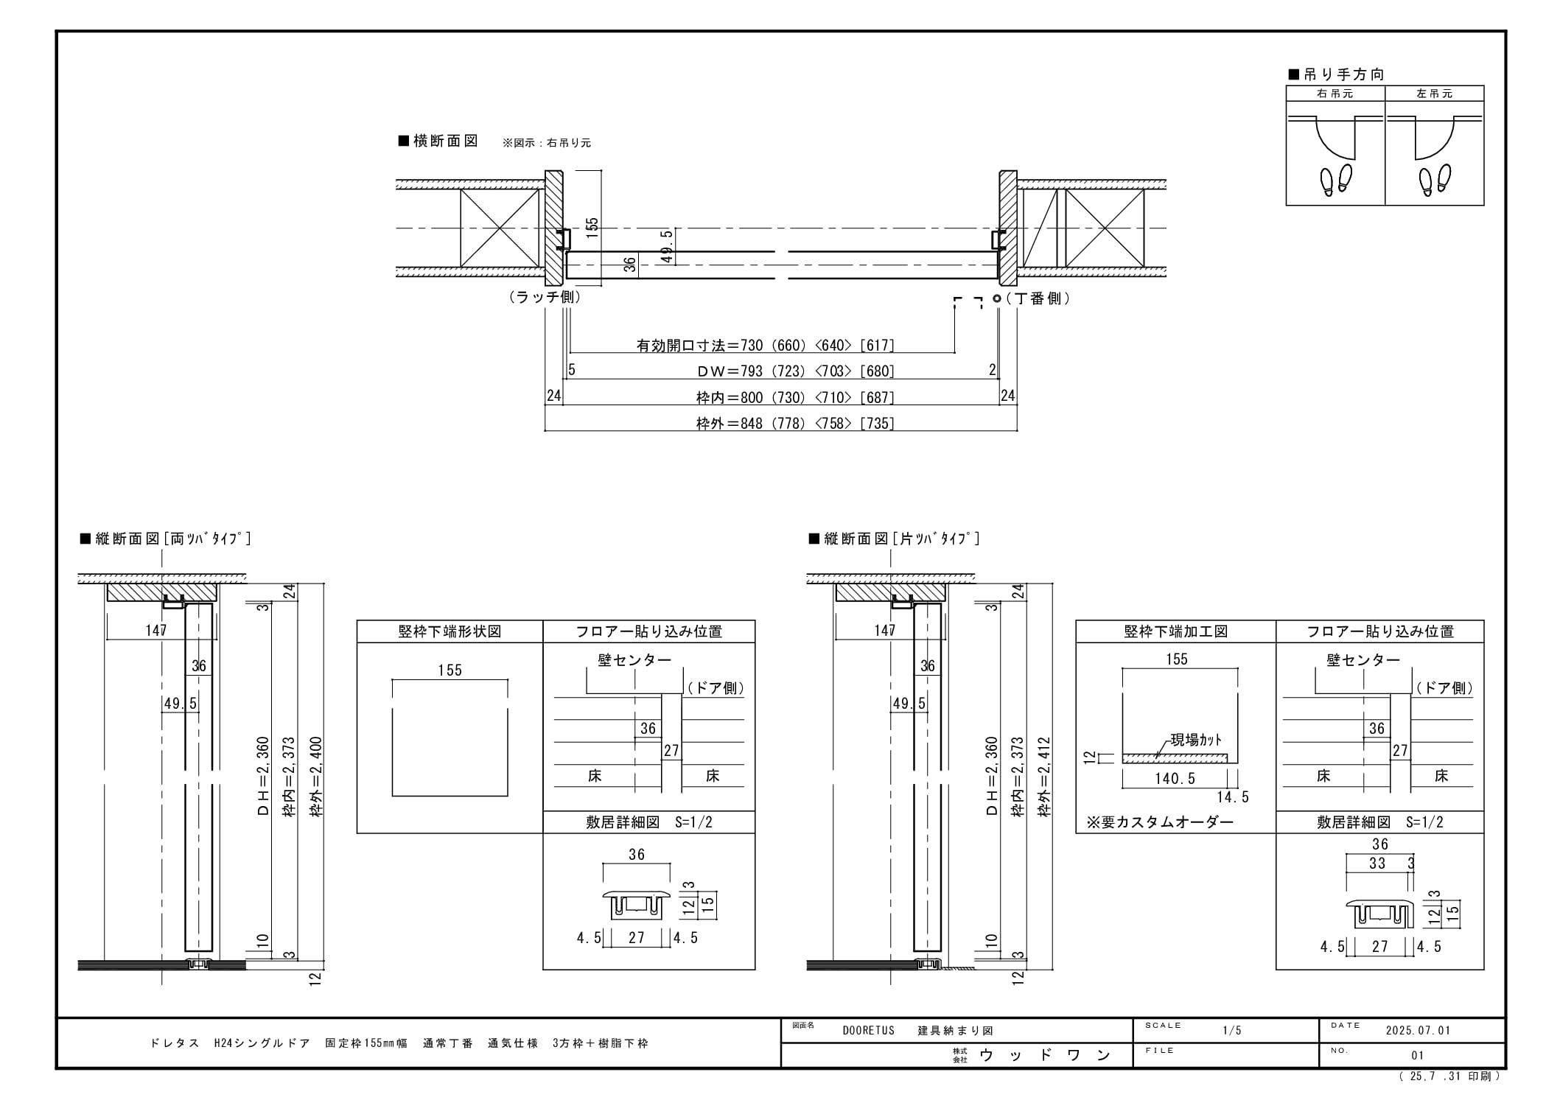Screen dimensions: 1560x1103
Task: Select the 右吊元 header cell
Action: point(1335,94)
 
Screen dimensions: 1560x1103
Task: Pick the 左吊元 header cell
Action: point(1435,94)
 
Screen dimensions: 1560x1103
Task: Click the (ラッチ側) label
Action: point(545,297)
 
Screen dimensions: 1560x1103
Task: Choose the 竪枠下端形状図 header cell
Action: point(450,631)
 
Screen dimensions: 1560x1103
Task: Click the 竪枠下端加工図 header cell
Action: point(1176,631)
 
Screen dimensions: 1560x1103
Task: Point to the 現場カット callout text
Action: point(1196,740)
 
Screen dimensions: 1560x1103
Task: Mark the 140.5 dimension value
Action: point(1175,779)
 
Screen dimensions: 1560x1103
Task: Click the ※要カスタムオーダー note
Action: point(1160,822)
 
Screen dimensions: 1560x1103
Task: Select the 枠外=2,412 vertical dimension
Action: point(1044,777)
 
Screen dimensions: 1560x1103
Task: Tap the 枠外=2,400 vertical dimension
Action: point(316,777)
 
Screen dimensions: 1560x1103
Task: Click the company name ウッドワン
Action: point(1045,1055)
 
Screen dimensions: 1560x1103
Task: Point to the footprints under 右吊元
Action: point(1336,179)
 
